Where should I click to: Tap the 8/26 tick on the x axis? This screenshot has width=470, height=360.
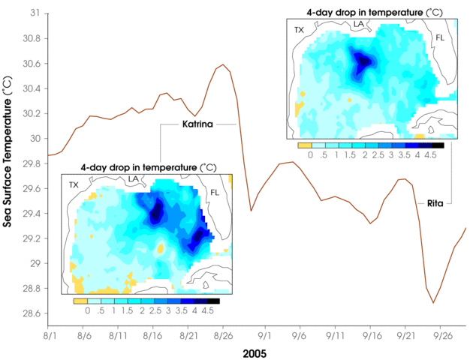(x=223, y=329)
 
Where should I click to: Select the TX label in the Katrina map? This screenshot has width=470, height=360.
(x=74, y=184)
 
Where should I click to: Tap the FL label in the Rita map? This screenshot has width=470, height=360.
(x=440, y=37)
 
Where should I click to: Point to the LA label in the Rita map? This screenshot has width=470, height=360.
(x=359, y=24)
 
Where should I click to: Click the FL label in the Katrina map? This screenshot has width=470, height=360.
(x=215, y=192)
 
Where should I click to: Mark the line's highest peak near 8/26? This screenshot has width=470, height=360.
(x=223, y=65)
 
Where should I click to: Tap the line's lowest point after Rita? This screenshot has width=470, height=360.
(x=433, y=303)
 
